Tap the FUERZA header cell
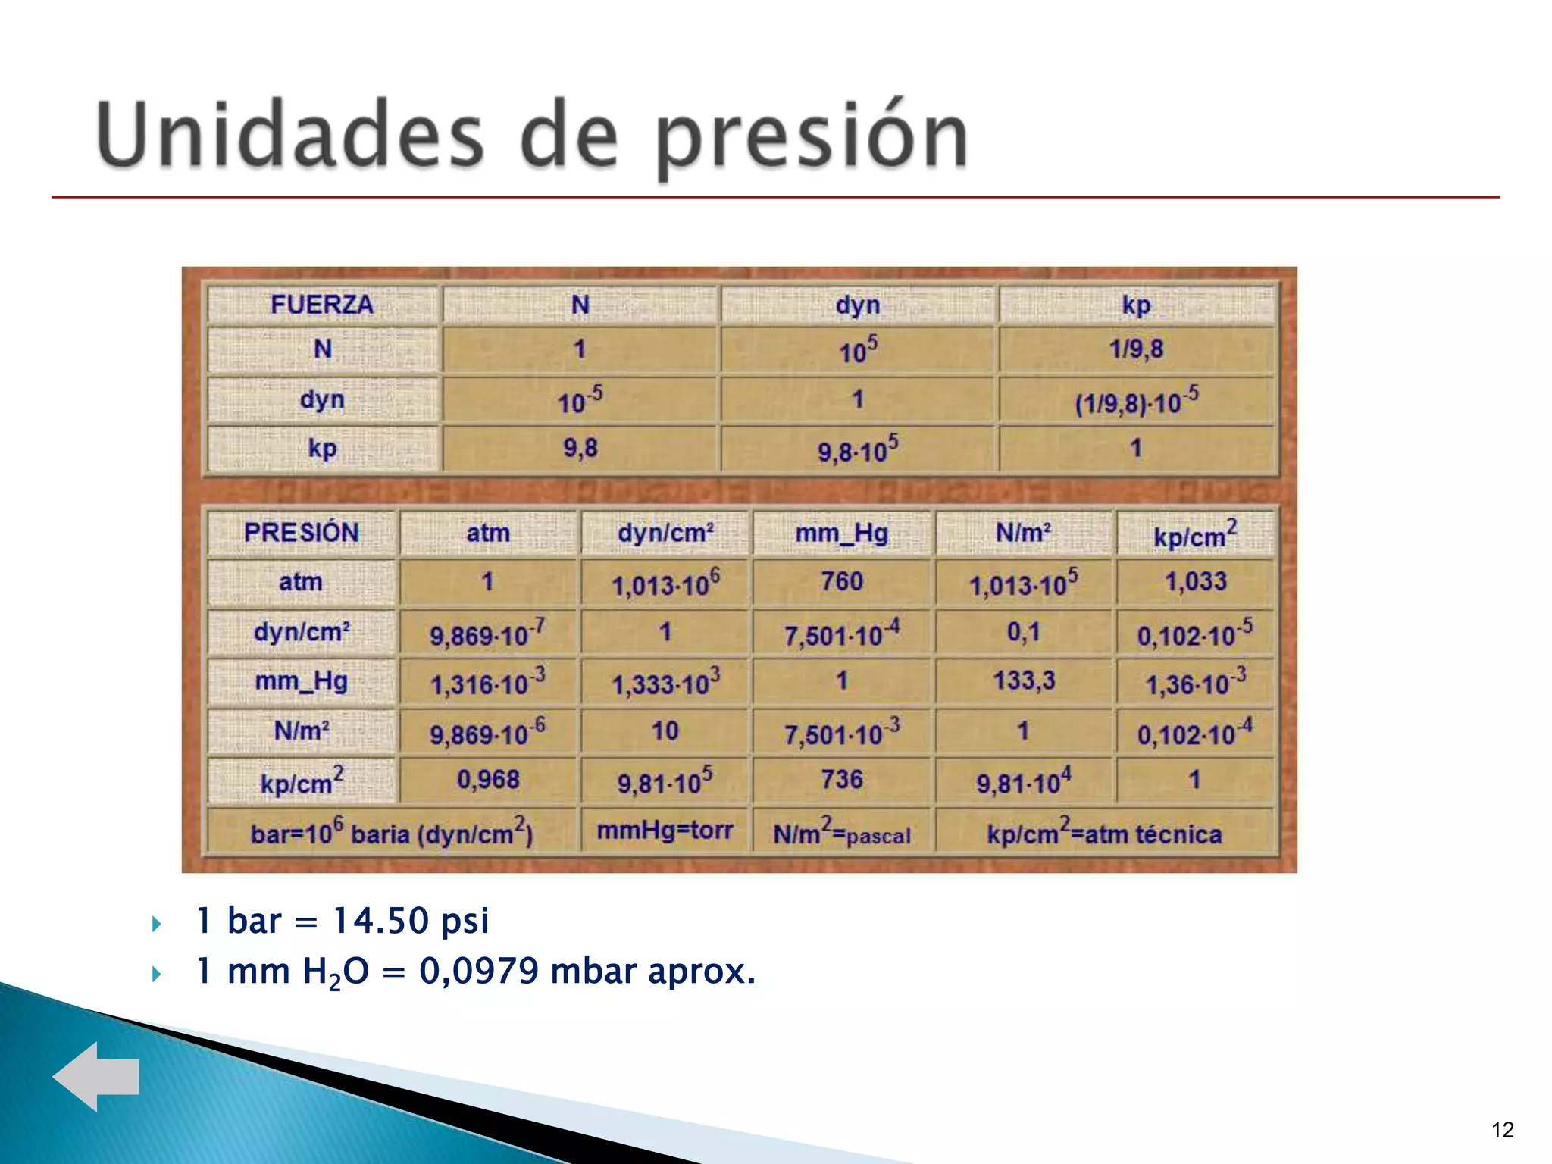point(322,305)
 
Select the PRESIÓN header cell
point(302,532)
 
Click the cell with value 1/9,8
point(1136,349)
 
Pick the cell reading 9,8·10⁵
point(857,449)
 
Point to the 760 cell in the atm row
point(842,581)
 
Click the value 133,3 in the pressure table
point(1024,680)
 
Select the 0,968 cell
point(488,779)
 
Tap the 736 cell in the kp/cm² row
point(842,779)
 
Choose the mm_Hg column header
point(842,533)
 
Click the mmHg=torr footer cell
point(665,831)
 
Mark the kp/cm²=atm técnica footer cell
point(1104,834)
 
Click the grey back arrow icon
point(96,1076)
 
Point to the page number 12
point(1502,1130)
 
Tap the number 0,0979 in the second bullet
point(479,971)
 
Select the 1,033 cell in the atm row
point(1195,581)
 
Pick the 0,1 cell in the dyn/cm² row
point(1024,631)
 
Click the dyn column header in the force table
point(857,305)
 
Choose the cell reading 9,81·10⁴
point(1024,781)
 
